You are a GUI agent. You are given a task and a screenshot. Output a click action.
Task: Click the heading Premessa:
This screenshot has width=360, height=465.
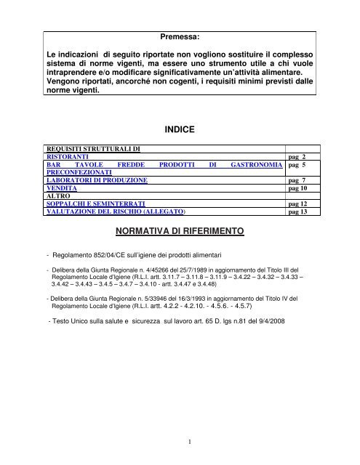pos(179,36)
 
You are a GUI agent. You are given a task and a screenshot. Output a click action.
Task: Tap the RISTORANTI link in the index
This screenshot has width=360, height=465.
pos(68,157)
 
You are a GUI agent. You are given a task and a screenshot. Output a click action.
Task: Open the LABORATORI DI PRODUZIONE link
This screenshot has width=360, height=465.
pos(97,179)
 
